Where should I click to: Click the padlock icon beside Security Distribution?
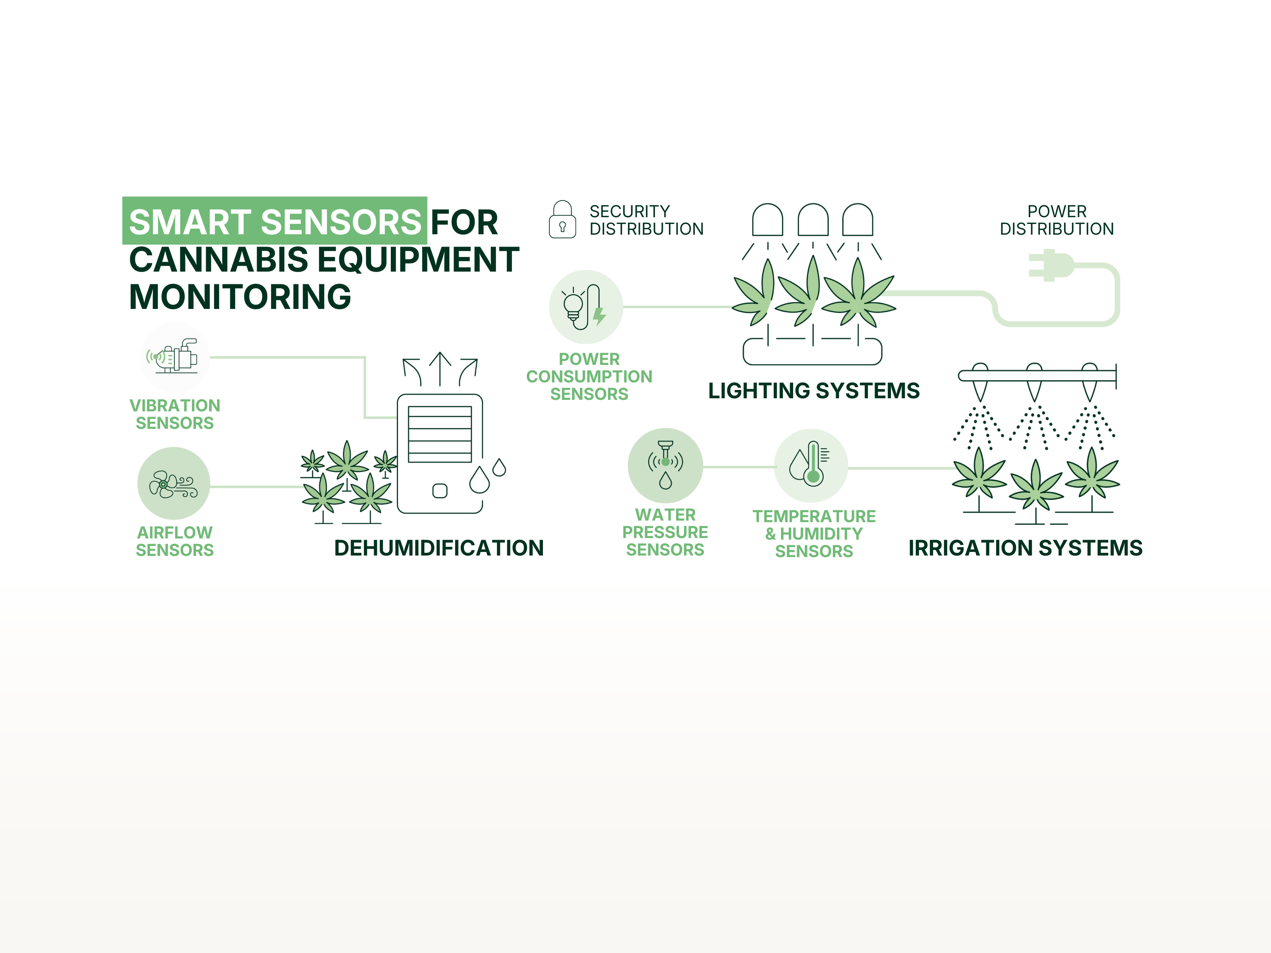click(562, 220)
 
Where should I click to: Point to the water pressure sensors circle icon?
click(665, 465)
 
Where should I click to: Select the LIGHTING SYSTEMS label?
click(813, 391)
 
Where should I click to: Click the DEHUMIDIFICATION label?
click(438, 548)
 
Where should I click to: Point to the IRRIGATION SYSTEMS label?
click(1025, 548)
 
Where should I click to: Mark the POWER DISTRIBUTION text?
click(1056, 220)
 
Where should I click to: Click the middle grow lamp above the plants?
click(813, 220)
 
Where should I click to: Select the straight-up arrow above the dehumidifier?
click(440, 368)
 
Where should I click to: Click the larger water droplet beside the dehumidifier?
click(479, 480)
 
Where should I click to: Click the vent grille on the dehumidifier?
click(440, 434)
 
